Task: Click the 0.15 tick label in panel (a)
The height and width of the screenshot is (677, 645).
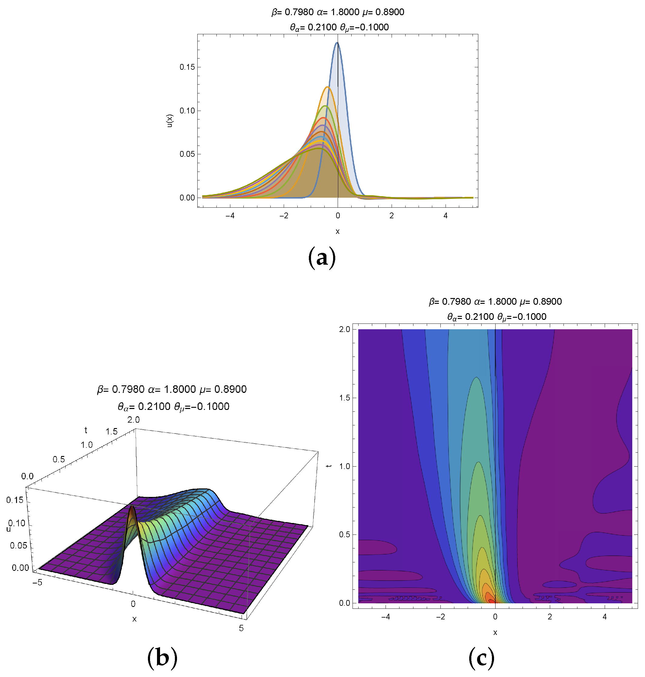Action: [187, 67]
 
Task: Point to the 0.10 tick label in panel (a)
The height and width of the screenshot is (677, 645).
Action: [187, 111]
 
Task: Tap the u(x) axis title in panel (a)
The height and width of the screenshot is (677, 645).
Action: [170, 121]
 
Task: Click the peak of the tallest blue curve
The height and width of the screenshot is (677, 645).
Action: [337, 43]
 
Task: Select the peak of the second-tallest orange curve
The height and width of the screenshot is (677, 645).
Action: [327, 87]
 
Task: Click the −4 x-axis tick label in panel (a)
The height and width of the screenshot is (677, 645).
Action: [230, 216]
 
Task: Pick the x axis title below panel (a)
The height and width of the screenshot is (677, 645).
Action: [338, 231]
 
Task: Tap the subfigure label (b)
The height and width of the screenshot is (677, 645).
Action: [162, 658]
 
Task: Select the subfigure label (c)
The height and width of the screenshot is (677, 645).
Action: [481, 658]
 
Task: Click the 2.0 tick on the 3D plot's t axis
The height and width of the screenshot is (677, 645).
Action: [133, 420]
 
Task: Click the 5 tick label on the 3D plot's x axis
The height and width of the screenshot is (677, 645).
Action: [241, 628]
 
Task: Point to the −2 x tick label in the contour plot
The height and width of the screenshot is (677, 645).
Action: [440, 617]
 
